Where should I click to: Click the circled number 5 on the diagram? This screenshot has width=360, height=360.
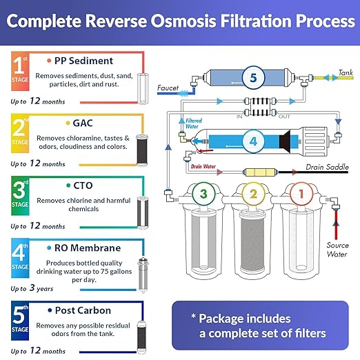pyautogui.click(x=253, y=79)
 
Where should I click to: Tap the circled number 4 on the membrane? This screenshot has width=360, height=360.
pyautogui.click(x=253, y=143)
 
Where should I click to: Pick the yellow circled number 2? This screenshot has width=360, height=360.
pyautogui.click(x=252, y=194)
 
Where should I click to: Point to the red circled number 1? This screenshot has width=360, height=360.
pyautogui.click(x=299, y=194)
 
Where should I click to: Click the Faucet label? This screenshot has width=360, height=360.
pyautogui.click(x=168, y=88)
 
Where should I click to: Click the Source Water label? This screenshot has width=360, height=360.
pyautogui.click(x=337, y=249)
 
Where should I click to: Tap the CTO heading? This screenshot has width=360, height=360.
pyautogui.click(x=83, y=185)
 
